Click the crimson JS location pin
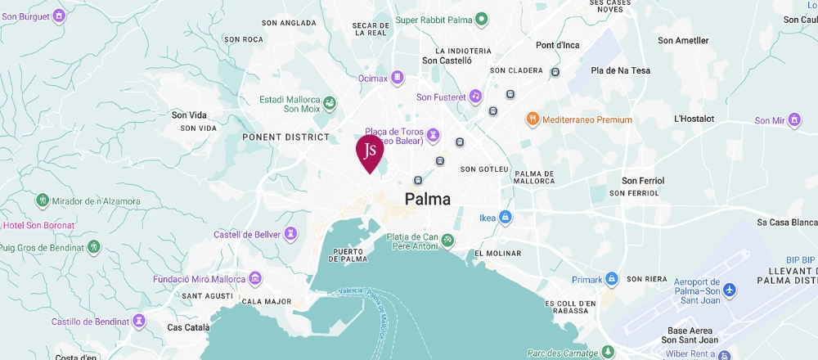(x=370, y=152)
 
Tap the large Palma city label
(x=439, y=199)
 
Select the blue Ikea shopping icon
(x=506, y=217)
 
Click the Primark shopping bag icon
(x=610, y=280)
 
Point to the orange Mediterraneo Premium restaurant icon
(x=532, y=119)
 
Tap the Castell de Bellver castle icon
(x=290, y=235)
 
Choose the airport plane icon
(x=730, y=291)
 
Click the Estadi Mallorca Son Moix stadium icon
(x=329, y=103)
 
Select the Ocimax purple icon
(x=398, y=78)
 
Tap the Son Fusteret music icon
(x=475, y=97)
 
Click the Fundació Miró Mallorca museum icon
(x=255, y=279)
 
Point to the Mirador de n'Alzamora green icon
(x=43, y=200)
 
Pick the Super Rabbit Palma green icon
(x=482, y=19)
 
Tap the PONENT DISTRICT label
(x=285, y=137)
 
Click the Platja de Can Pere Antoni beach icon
(x=448, y=241)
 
